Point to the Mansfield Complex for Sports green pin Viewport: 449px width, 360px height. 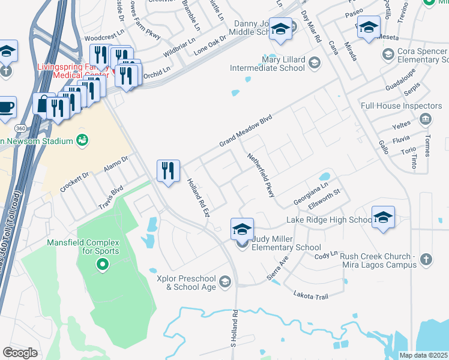pyautogui.click(x=102, y=263)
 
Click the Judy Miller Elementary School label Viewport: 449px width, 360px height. pyautogui.click(x=286, y=243)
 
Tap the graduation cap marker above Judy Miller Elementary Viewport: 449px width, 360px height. pyautogui.click(x=242, y=229)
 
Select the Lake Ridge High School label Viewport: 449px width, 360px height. pyautogui.click(x=330, y=220)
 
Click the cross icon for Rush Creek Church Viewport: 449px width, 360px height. pyautogui.click(x=426, y=259)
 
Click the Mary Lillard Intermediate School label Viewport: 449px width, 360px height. pyautogui.click(x=268, y=64)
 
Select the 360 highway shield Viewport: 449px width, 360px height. pyautogui.click(x=20, y=129)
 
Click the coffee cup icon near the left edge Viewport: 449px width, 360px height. pyautogui.click(x=6, y=107)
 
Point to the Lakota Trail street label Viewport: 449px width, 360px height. pyautogui.click(x=312, y=295)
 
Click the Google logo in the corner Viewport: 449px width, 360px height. pyautogui.click(x=20, y=352)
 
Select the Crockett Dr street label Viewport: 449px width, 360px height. pyautogui.click(x=74, y=182)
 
